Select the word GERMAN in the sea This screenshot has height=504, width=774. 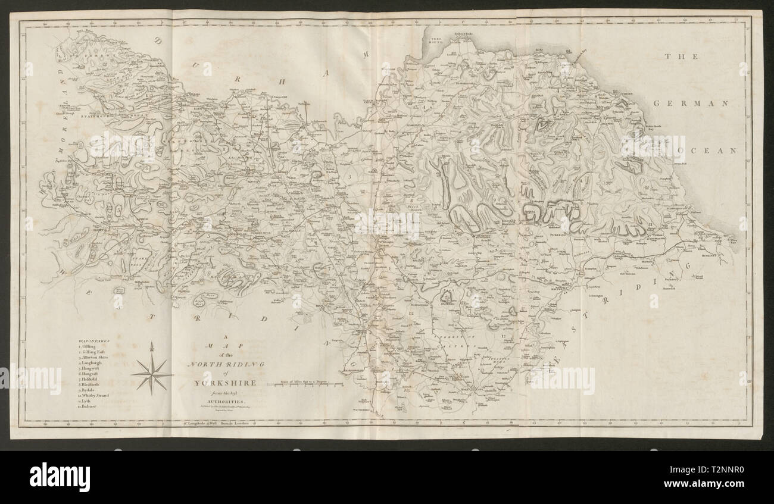pos(691,103)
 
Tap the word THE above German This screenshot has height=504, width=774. pos(675,57)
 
